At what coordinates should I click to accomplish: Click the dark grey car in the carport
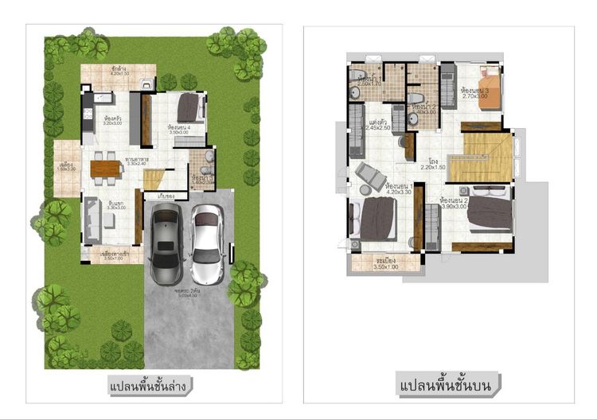(165, 237)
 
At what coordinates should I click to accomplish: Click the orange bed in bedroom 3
(490, 84)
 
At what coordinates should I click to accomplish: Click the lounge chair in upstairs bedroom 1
(370, 177)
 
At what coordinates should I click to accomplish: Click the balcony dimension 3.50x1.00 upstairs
(386, 266)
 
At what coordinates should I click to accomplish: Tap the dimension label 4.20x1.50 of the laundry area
(121, 74)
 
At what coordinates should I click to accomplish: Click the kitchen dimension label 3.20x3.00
(112, 124)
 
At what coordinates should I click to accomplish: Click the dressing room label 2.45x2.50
(380, 127)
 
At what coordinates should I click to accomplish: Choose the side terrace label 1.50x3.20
(65, 169)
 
